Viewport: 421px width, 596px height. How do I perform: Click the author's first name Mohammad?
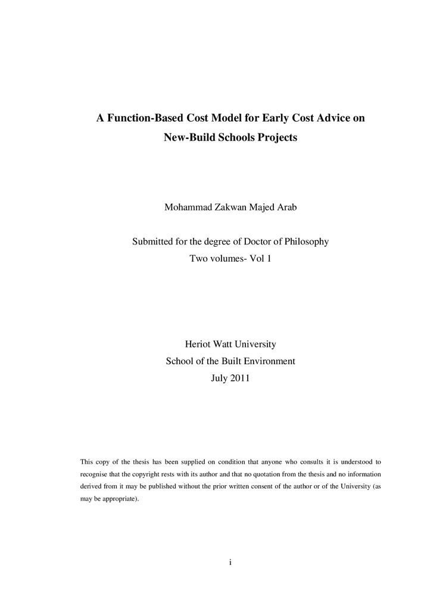click(186, 207)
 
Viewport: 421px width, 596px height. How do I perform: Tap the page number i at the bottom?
click(230, 562)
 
